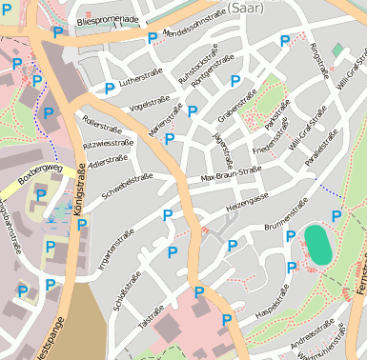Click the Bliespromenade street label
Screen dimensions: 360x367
click(x=106, y=18)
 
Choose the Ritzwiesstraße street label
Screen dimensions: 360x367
click(x=104, y=143)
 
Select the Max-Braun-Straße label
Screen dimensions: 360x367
click(x=232, y=175)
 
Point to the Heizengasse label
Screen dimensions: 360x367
click(x=245, y=200)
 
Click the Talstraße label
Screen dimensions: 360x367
click(x=153, y=317)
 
